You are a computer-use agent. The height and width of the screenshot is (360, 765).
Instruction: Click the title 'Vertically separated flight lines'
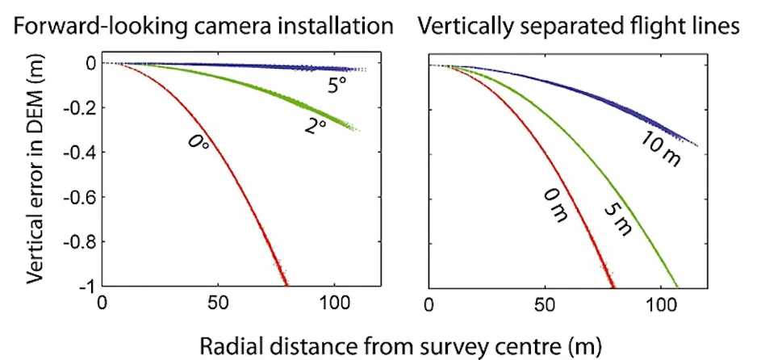pos(579,27)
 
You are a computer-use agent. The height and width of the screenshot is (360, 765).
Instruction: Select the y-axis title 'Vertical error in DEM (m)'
pos(34,174)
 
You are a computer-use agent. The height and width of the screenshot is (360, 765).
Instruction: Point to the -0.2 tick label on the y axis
pos(79,108)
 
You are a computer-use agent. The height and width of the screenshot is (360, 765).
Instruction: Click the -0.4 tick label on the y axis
pos(79,153)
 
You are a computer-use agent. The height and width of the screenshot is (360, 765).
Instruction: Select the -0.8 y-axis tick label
pos(79,242)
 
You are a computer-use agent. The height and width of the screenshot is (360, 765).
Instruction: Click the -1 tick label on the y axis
pos(84,287)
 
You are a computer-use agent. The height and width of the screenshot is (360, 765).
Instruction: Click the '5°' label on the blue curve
pos(337,86)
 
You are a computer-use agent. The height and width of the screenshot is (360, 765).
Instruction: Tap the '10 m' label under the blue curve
pos(662,151)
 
